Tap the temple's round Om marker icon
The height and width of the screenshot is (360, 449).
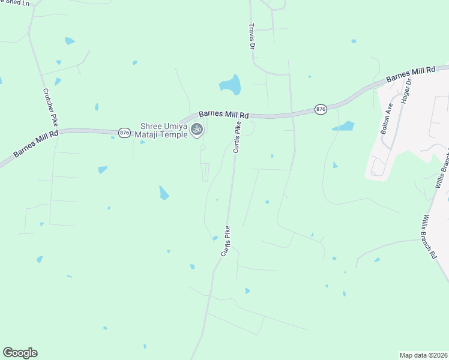tap(196, 130)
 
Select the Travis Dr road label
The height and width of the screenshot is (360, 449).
tap(253, 37)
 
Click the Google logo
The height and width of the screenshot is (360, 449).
tap(20, 353)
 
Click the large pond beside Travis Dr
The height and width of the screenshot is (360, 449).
tap(231, 85)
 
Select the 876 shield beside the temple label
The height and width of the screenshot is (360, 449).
tap(124, 133)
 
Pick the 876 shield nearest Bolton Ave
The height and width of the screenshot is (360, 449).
tap(321, 109)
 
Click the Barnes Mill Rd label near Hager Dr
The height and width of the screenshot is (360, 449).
tap(411, 75)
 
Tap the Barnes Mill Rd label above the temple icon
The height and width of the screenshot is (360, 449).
tap(223, 114)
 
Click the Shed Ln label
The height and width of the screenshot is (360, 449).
tap(14, 3)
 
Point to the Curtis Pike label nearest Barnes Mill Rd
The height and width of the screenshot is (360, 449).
tap(237, 137)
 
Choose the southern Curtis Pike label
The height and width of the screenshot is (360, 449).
tap(226, 241)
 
